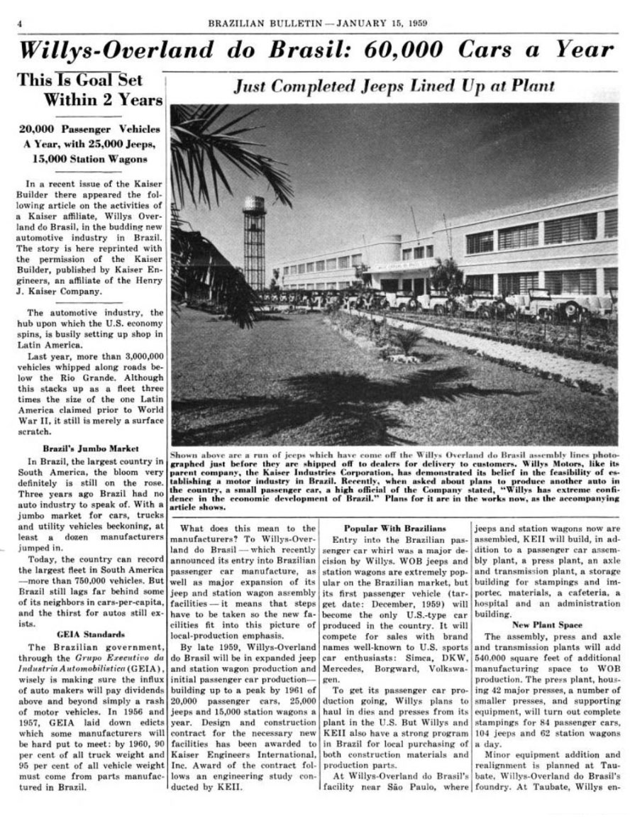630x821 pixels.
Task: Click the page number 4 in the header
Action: [19, 22]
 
